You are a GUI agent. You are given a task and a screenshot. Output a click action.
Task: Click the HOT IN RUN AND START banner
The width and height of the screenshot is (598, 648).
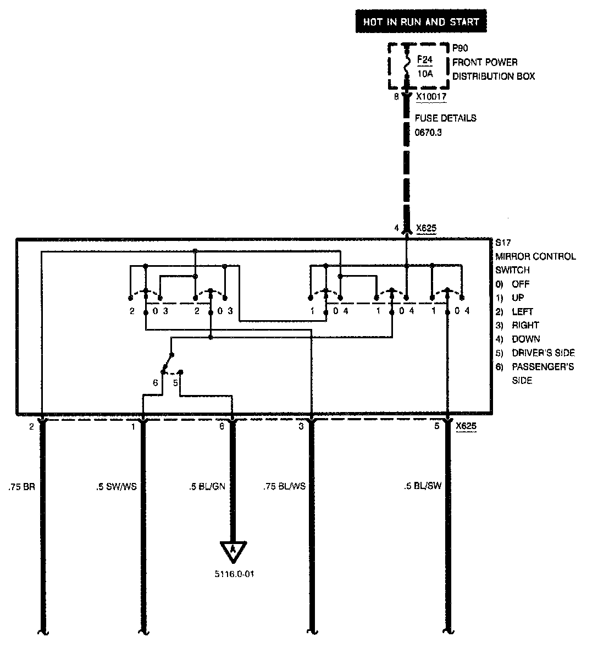pos(421,23)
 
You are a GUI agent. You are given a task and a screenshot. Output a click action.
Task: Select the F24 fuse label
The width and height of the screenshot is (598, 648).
pos(425,59)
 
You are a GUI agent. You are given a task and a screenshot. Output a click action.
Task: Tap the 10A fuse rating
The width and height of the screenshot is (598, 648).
pos(425,73)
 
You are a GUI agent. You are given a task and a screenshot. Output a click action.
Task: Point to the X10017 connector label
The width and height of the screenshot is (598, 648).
pos(431,97)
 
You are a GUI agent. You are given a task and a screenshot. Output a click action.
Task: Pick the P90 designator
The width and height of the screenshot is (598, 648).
pos(461,48)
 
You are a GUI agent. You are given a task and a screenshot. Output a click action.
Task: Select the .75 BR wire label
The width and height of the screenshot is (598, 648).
pos(21,486)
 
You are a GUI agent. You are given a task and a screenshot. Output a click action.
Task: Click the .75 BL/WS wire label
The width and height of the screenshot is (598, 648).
pos(285,486)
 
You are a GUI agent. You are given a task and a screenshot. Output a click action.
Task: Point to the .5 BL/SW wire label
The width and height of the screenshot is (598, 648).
pos(423,486)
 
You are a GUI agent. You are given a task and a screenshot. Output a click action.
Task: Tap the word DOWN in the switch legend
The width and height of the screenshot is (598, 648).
pos(525,339)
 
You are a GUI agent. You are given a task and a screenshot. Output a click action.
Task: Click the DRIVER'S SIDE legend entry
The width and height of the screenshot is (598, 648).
pos(543,353)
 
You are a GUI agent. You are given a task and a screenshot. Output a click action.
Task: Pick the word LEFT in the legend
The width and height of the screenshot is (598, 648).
pos(522,311)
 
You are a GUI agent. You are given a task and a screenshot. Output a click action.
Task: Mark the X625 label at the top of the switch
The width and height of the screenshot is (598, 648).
pos(426,227)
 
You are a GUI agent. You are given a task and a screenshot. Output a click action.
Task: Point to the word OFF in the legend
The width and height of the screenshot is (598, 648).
pos(521,284)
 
